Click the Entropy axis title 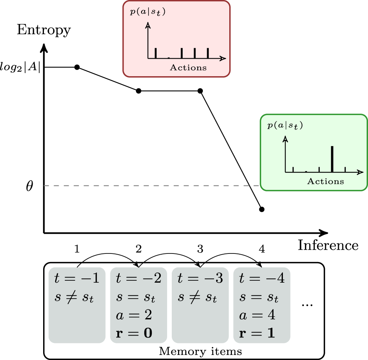pyautogui.click(x=44, y=30)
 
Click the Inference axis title pyautogui.click(x=328, y=245)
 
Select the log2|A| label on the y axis pyautogui.click(x=23, y=67)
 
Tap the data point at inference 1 pyautogui.click(x=77, y=67)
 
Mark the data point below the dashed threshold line pyautogui.click(x=262, y=210)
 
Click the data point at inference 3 pyautogui.click(x=200, y=91)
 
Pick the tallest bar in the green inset pyautogui.click(x=332, y=159)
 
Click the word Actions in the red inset pyautogui.click(x=188, y=68)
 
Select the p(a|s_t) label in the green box pyautogui.click(x=285, y=126)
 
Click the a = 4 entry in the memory pyautogui.click(x=257, y=315)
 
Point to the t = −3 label pyautogui.click(x=200, y=279)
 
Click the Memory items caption pyautogui.click(x=201, y=352)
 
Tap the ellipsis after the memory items pyautogui.click(x=307, y=304)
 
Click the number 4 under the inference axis pyautogui.click(x=262, y=249)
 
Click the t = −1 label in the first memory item pyautogui.click(x=77, y=279)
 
